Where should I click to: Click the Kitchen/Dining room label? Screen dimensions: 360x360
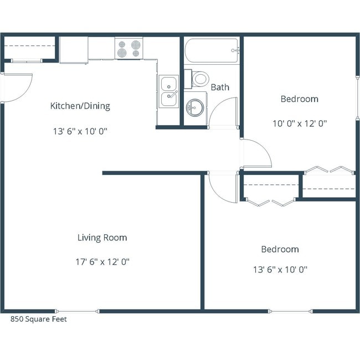[x=80, y=106]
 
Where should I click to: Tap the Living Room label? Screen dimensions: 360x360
[x=102, y=238]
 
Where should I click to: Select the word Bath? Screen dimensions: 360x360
[x=220, y=88]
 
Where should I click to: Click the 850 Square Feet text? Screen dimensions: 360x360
[x=39, y=320]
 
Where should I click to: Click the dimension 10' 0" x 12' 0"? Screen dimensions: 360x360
[x=299, y=124]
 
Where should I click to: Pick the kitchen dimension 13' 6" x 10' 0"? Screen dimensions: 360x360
[x=80, y=131]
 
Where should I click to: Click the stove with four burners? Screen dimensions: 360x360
[x=128, y=48]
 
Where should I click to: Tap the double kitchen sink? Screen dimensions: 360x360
[x=168, y=92]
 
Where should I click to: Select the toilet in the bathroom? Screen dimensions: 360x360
[x=198, y=79]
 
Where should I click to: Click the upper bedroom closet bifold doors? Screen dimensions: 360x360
[x=329, y=169]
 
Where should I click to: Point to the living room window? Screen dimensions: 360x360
[x=77, y=311]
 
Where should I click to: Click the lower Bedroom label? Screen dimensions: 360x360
[x=280, y=250]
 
